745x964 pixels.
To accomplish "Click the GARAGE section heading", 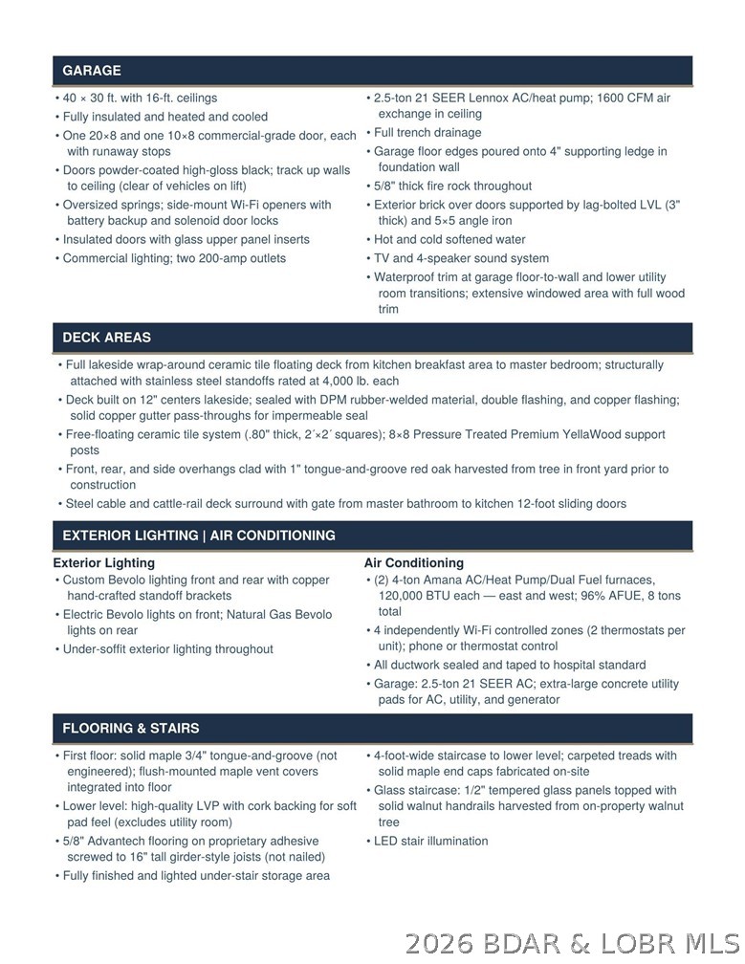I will (92, 71).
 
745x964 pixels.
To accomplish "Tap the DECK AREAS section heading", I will (106, 338).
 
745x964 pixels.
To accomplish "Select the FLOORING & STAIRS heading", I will (131, 729).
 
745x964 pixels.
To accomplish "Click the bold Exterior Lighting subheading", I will (103, 563).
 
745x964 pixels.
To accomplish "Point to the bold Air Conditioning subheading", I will (413, 563).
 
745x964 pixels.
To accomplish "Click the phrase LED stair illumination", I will (430, 842).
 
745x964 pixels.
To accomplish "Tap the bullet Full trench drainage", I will (427, 133).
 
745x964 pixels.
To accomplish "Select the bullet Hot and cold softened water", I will (449, 240).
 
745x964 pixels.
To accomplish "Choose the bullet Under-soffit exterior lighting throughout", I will (167, 649).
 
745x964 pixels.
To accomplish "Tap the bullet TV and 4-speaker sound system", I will (461, 258).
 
